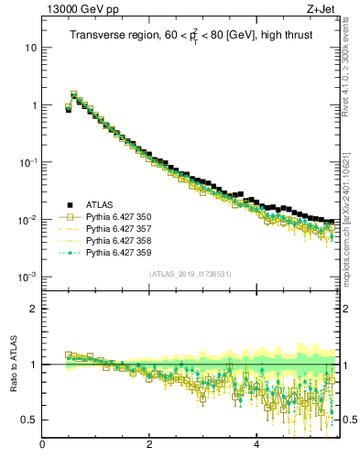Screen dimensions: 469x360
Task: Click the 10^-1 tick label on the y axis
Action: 28,162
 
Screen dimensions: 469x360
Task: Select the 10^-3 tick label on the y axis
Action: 28,277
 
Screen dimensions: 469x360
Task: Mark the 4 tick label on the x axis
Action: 256,446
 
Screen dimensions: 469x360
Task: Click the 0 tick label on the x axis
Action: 42,446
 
